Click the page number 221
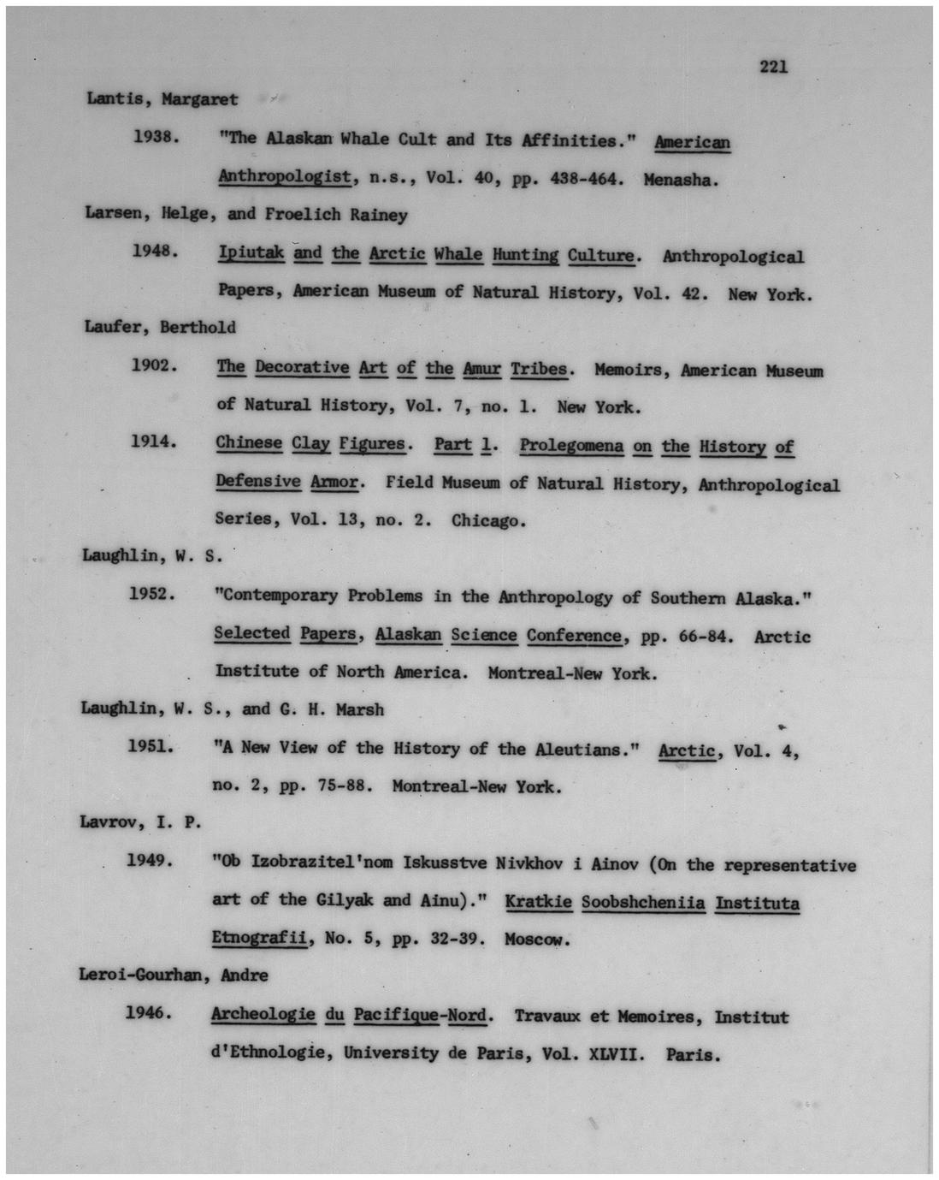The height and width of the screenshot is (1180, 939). pos(773,67)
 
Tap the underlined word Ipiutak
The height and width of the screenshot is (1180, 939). pos(251,253)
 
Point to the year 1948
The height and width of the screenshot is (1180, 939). pos(155,252)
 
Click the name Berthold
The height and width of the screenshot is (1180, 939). pos(198,327)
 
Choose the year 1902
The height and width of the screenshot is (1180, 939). pos(154,365)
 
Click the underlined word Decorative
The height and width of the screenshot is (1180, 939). pos(302,368)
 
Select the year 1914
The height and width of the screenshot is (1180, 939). pos(153,442)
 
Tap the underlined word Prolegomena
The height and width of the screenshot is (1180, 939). pos(571,446)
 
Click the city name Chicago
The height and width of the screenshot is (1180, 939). pos(488,520)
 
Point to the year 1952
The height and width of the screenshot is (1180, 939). pos(152,594)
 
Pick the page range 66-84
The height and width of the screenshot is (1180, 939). pos(706,636)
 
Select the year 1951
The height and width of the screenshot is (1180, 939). pos(151,746)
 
